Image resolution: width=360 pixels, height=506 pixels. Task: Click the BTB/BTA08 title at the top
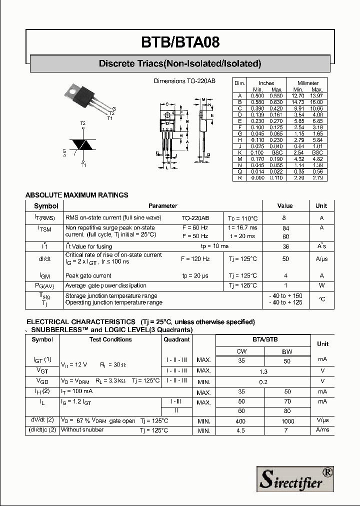tap(180, 42)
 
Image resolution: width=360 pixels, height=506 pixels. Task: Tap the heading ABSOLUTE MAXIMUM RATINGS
tap(76, 195)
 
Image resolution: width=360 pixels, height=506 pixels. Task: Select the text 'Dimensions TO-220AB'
tap(184, 81)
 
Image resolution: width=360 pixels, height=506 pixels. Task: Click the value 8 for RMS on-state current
tap(284, 218)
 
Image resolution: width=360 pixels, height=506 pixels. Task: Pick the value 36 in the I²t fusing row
tap(286, 246)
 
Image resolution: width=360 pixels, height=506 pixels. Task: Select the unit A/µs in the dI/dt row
tap(321, 259)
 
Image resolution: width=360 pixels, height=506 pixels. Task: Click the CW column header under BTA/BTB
tap(241, 351)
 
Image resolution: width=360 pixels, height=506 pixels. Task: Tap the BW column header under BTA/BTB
tap(287, 351)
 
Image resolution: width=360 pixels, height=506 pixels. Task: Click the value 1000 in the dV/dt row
tap(287, 421)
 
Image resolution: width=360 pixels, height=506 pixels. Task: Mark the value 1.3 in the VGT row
tap(263, 371)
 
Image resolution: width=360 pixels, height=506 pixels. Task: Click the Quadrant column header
tap(176, 339)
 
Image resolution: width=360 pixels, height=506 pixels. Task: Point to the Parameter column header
tap(162, 205)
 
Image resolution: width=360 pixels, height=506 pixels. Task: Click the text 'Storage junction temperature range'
tap(111, 296)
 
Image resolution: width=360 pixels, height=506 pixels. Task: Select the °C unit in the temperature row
tap(321, 299)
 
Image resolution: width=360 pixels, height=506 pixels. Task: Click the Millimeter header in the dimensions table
tap(308, 83)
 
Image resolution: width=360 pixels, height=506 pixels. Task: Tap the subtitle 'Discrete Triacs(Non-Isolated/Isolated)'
tap(180, 63)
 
